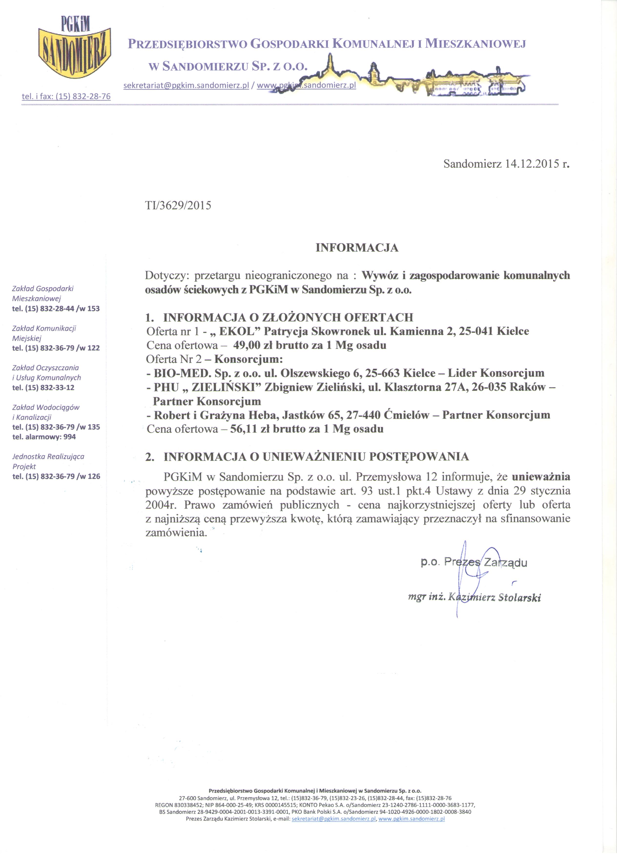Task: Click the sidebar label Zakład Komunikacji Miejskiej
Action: tap(44, 333)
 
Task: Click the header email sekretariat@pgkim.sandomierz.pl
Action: tap(186, 86)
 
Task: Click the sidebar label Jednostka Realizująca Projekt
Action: tap(48, 461)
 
